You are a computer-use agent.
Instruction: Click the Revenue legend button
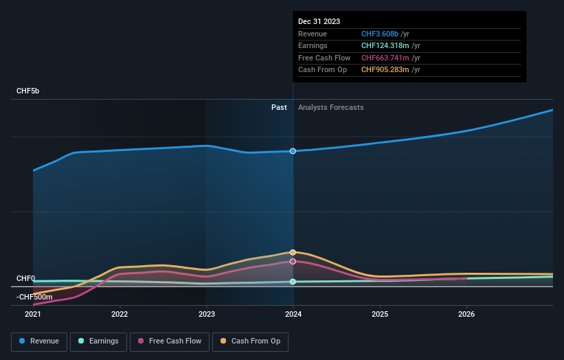click(39, 341)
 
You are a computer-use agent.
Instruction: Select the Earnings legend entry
click(98, 341)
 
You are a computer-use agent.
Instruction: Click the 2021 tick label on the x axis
click(33, 315)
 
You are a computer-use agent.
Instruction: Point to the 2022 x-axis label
click(120, 315)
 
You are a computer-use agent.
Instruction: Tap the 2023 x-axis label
click(207, 315)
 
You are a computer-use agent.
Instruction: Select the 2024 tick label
click(293, 315)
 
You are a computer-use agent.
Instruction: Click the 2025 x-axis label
click(380, 315)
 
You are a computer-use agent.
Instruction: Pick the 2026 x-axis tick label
click(466, 315)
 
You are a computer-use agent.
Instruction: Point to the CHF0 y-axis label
click(25, 278)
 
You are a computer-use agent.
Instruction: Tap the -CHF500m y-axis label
click(34, 297)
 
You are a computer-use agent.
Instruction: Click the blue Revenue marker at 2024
click(293, 151)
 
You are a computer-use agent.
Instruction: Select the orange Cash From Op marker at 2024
click(293, 252)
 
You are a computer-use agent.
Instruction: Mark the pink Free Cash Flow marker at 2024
click(293, 261)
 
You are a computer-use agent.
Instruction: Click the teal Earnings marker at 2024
click(293, 282)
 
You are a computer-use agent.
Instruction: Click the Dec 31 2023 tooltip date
click(319, 22)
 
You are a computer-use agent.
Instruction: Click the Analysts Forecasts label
click(330, 107)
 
